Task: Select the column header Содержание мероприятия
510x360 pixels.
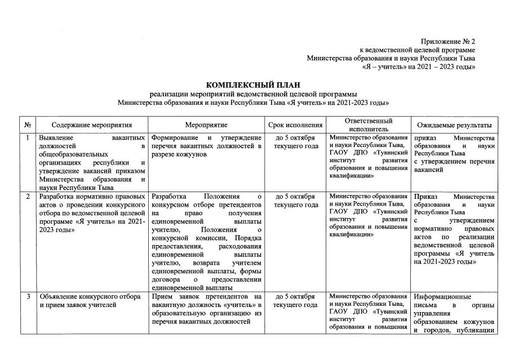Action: (92, 125)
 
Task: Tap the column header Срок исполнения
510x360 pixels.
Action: (296, 125)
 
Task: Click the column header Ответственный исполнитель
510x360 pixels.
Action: (369, 125)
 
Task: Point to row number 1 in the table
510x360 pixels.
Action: (28, 138)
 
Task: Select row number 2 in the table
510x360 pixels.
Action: (28, 197)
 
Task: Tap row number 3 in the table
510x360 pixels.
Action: (28, 296)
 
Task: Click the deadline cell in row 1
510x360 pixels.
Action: (296, 142)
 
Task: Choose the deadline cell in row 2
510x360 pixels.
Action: (296, 201)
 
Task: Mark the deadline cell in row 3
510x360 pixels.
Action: (296, 300)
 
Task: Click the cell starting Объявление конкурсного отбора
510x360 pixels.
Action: (92, 300)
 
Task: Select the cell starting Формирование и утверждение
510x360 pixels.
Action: (206, 146)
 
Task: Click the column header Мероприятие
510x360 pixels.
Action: (206, 125)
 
